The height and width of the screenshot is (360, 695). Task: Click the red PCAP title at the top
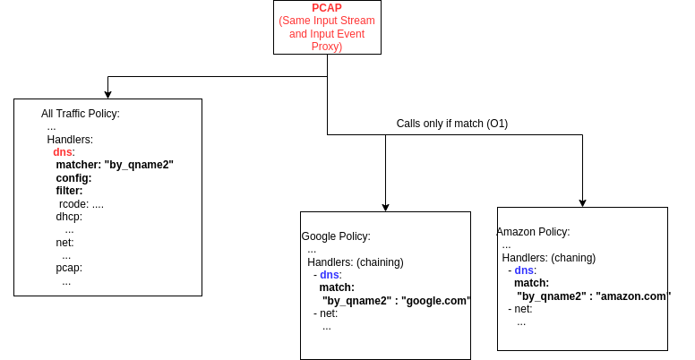click(x=326, y=8)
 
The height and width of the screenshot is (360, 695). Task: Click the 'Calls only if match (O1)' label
click(x=451, y=124)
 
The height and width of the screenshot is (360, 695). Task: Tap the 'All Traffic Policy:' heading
click(x=81, y=114)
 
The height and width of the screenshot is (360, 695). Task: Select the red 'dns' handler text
click(x=62, y=152)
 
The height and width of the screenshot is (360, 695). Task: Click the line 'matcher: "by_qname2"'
click(x=114, y=165)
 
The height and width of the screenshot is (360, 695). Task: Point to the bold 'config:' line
click(x=73, y=178)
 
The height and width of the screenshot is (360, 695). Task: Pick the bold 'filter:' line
click(x=69, y=191)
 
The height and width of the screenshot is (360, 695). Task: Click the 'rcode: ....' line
click(x=82, y=203)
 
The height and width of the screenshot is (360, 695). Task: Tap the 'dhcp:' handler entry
click(x=69, y=217)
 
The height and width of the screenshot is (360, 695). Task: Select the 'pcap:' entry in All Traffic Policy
click(x=69, y=268)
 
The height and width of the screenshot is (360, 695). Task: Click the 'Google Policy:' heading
click(x=336, y=236)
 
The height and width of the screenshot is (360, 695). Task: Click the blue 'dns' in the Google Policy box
click(x=330, y=275)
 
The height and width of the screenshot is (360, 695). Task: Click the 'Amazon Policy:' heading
click(x=533, y=232)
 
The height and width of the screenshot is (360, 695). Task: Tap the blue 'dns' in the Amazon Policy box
click(x=524, y=270)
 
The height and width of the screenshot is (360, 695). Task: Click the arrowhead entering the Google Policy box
click(x=385, y=207)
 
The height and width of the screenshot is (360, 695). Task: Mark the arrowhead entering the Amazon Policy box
click(x=582, y=202)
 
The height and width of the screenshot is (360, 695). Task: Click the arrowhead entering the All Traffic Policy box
click(x=107, y=94)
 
